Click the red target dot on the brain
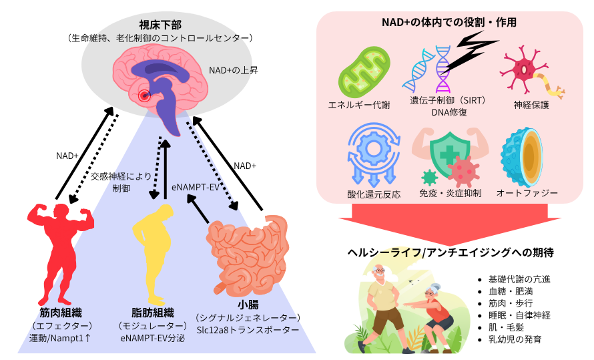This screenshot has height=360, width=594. pyautogui.click(x=143, y=96)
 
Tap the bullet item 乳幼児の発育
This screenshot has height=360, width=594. pyautogui.click(x=515, y=339)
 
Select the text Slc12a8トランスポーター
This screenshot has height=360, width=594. pyautogui.click(x=247, y=330)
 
